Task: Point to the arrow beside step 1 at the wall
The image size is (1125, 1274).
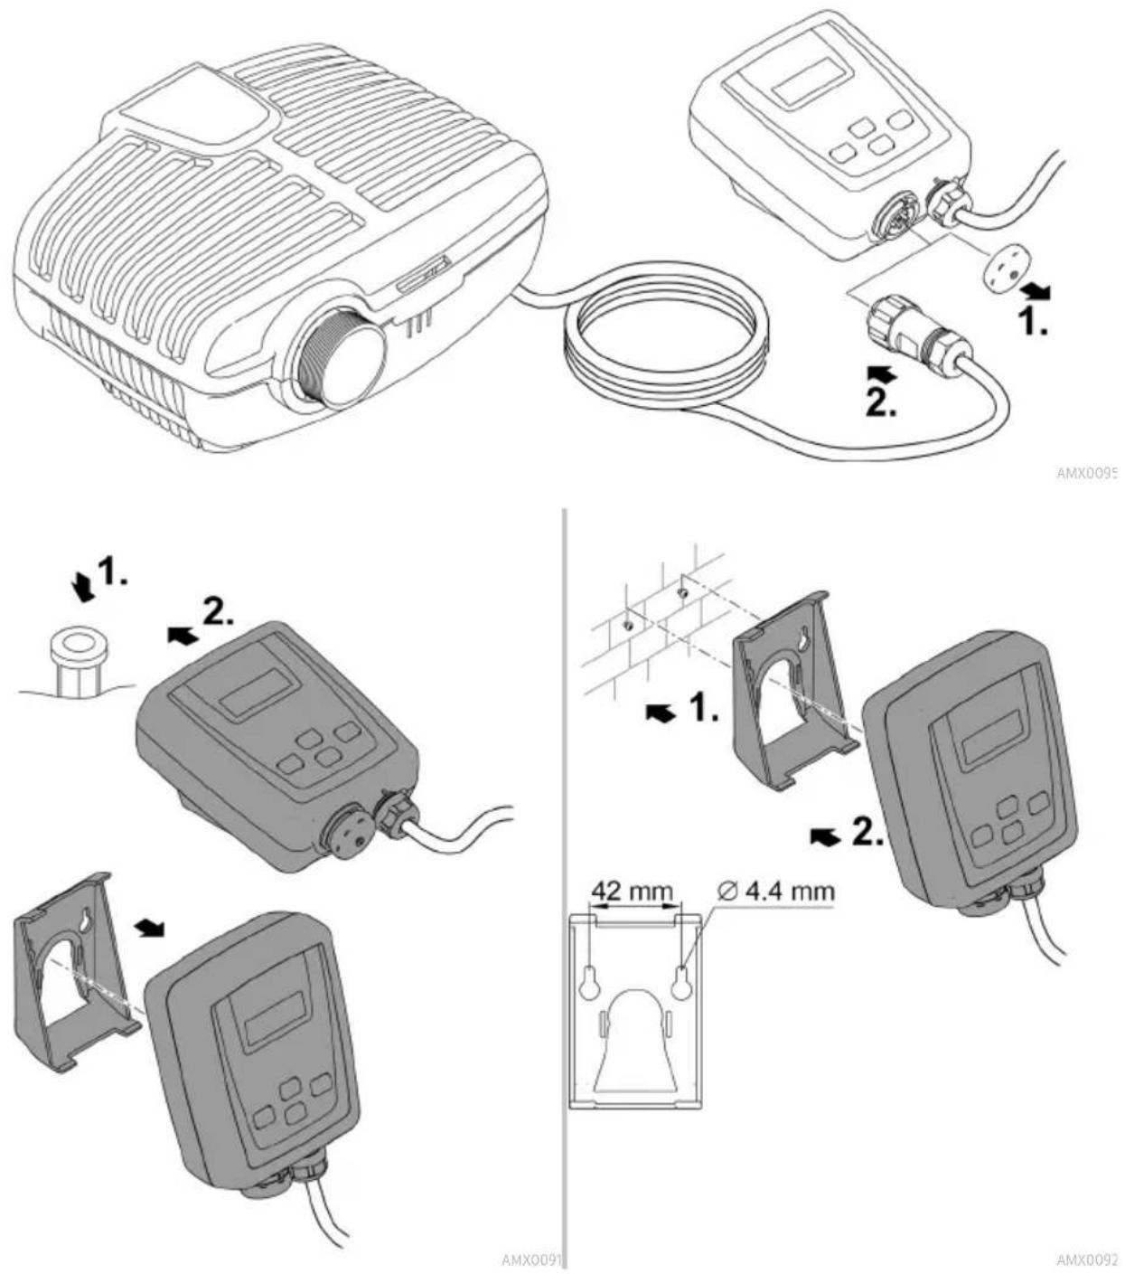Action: tap(662, 712)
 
